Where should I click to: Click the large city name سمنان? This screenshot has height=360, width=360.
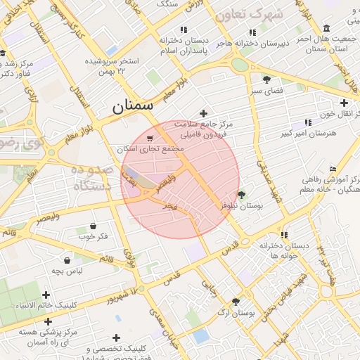coord(141,107)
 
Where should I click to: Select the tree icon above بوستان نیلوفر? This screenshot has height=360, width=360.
coord(242,195)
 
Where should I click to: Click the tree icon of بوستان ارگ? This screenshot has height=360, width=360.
coord(236,302)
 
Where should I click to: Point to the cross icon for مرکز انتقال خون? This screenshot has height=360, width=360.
coord(344,103)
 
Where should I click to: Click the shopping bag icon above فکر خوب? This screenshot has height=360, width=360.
coord(94,226)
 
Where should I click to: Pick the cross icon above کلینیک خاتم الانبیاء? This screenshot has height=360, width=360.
coord(46,295)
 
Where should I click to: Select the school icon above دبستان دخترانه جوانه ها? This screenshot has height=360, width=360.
coord(284,236)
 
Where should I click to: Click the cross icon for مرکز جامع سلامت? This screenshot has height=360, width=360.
coord(204,113)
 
